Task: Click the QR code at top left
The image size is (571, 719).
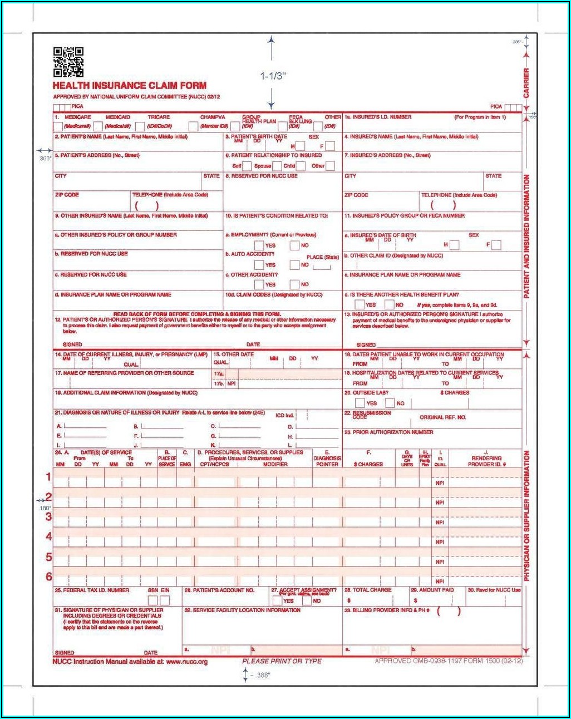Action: (68, 62)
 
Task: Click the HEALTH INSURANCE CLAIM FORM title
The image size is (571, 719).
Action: (130, 86)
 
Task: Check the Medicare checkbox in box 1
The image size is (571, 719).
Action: (58, 126)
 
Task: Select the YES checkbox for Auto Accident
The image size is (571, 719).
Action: (259, 265)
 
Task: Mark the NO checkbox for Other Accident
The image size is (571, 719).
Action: (295, 284)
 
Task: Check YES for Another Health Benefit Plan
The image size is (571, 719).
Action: (360, 304)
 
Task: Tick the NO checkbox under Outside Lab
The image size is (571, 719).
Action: (390, 403)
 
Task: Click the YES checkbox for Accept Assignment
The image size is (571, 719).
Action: (277, 600)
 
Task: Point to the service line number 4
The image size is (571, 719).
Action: (49, 536)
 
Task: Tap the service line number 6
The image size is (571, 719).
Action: (49, 577)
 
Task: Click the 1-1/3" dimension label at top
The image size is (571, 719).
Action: (272, 76)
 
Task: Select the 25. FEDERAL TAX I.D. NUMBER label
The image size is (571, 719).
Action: (92, 590)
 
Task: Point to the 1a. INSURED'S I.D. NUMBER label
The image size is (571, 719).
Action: (378, 117)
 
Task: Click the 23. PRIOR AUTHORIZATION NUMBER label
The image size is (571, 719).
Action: (388, 432)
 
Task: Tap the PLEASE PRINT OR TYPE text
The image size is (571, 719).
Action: (282, 661)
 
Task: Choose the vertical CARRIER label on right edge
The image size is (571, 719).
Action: (526, 83)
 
